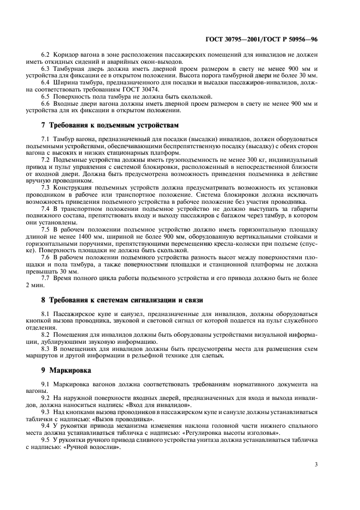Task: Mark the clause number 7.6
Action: click(46, 257)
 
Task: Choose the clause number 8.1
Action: click(46, 315)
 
